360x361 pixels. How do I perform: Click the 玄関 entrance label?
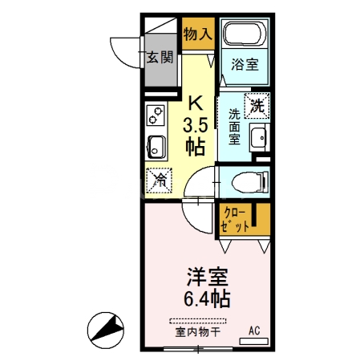[x=160, y=57]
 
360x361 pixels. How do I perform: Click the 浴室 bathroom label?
[x=245, y=65]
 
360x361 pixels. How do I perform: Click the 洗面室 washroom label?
[x=234, y=126]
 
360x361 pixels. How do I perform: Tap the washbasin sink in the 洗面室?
[x=258, y=138]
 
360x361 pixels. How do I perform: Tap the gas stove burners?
[x=155, y=118]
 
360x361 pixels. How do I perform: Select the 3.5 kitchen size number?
[x=195, y=125]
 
